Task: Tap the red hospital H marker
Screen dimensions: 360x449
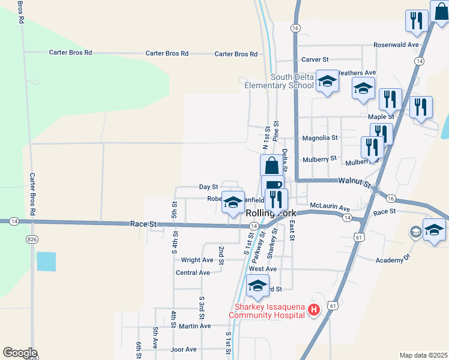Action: click(x=313, y=310)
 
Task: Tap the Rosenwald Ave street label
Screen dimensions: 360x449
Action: click(x=395, y=45)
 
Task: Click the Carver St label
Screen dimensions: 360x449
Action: click(x=315, y=60)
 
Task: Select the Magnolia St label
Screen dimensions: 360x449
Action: click(x=320, y=138)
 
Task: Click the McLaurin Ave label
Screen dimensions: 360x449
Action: click(x=330, y=208)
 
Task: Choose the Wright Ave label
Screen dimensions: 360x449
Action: click(x=197, y=260)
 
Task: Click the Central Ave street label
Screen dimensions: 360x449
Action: click(x=193, y=272)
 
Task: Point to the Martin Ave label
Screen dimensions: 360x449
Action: click(x=195, y=326)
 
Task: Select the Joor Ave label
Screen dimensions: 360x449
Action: click(x=183, y=349)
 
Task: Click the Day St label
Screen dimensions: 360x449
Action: click(x=208, y=187)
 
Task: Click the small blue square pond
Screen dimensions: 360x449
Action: click(x=46, y=262)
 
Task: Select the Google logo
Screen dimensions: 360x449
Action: click(x=20, y=353)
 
